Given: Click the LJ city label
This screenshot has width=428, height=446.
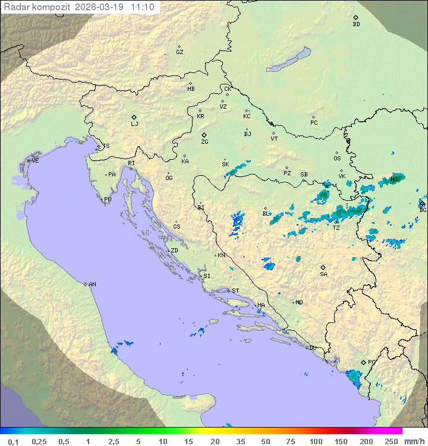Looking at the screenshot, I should tap(134, 124).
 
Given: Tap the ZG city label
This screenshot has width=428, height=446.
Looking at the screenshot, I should tap(204, 142).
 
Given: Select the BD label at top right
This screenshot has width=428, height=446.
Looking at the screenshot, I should tap(356, 24).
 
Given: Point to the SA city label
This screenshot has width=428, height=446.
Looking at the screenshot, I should tap(323, 274).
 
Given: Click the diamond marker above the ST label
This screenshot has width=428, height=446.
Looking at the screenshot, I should tap(228, 290).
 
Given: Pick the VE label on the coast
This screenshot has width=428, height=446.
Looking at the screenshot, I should tap(35, 161).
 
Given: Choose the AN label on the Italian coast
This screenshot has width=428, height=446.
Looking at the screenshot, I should tap(92, 284).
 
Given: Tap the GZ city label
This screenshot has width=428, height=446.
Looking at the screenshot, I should tap(180, 52).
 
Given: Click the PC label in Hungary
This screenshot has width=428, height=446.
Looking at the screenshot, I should tap(314, 123).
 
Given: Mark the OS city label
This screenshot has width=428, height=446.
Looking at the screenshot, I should tap(337, 159).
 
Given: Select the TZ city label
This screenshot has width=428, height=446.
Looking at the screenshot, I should tap(336, 227).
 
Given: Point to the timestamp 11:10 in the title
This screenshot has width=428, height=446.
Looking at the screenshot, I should tap(143, 7).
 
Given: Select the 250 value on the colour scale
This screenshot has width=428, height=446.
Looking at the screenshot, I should tap(391, 441).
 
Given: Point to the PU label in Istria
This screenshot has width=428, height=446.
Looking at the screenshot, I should tap(108, 200).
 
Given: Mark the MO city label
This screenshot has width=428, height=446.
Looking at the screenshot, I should tap(299, 302).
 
